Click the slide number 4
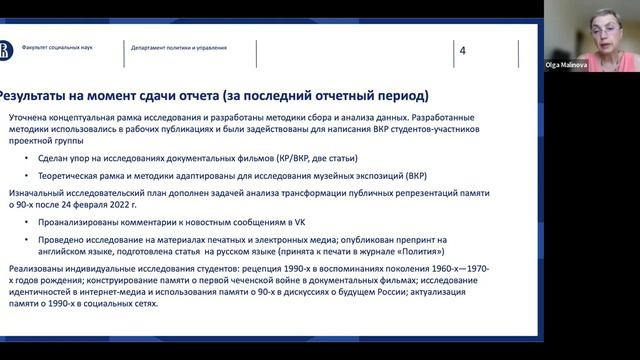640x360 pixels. pos(462,51)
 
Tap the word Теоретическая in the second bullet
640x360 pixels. pos(71,174)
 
